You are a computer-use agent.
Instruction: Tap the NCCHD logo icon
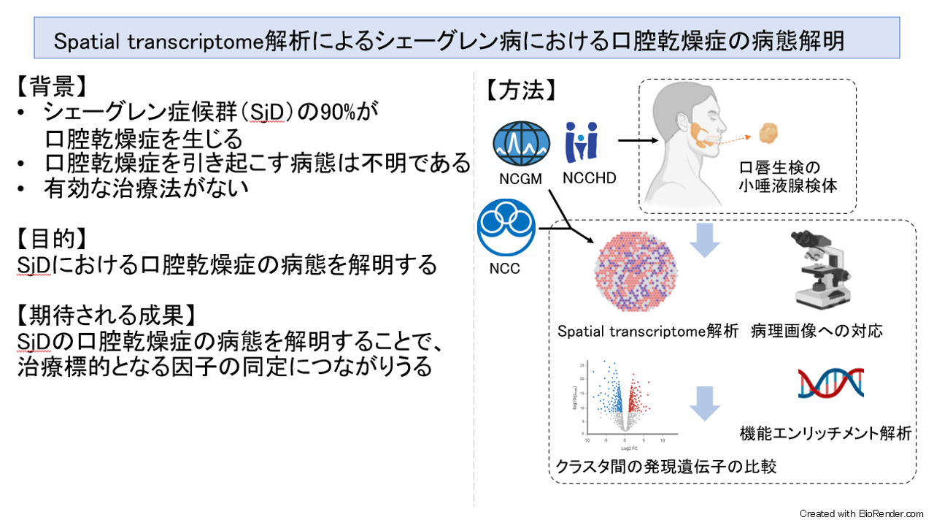pos(581,142)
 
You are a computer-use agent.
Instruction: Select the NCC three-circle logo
pos(506,229)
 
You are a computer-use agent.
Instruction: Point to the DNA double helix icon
pos(830,383)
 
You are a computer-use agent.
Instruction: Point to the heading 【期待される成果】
pos(106,315)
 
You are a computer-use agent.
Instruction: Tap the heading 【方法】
pos(521,90)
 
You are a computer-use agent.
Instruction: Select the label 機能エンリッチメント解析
pos(825,433)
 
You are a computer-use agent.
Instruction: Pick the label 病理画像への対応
pos(817,331)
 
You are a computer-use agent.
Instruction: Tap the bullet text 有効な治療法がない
pos(147,188)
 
